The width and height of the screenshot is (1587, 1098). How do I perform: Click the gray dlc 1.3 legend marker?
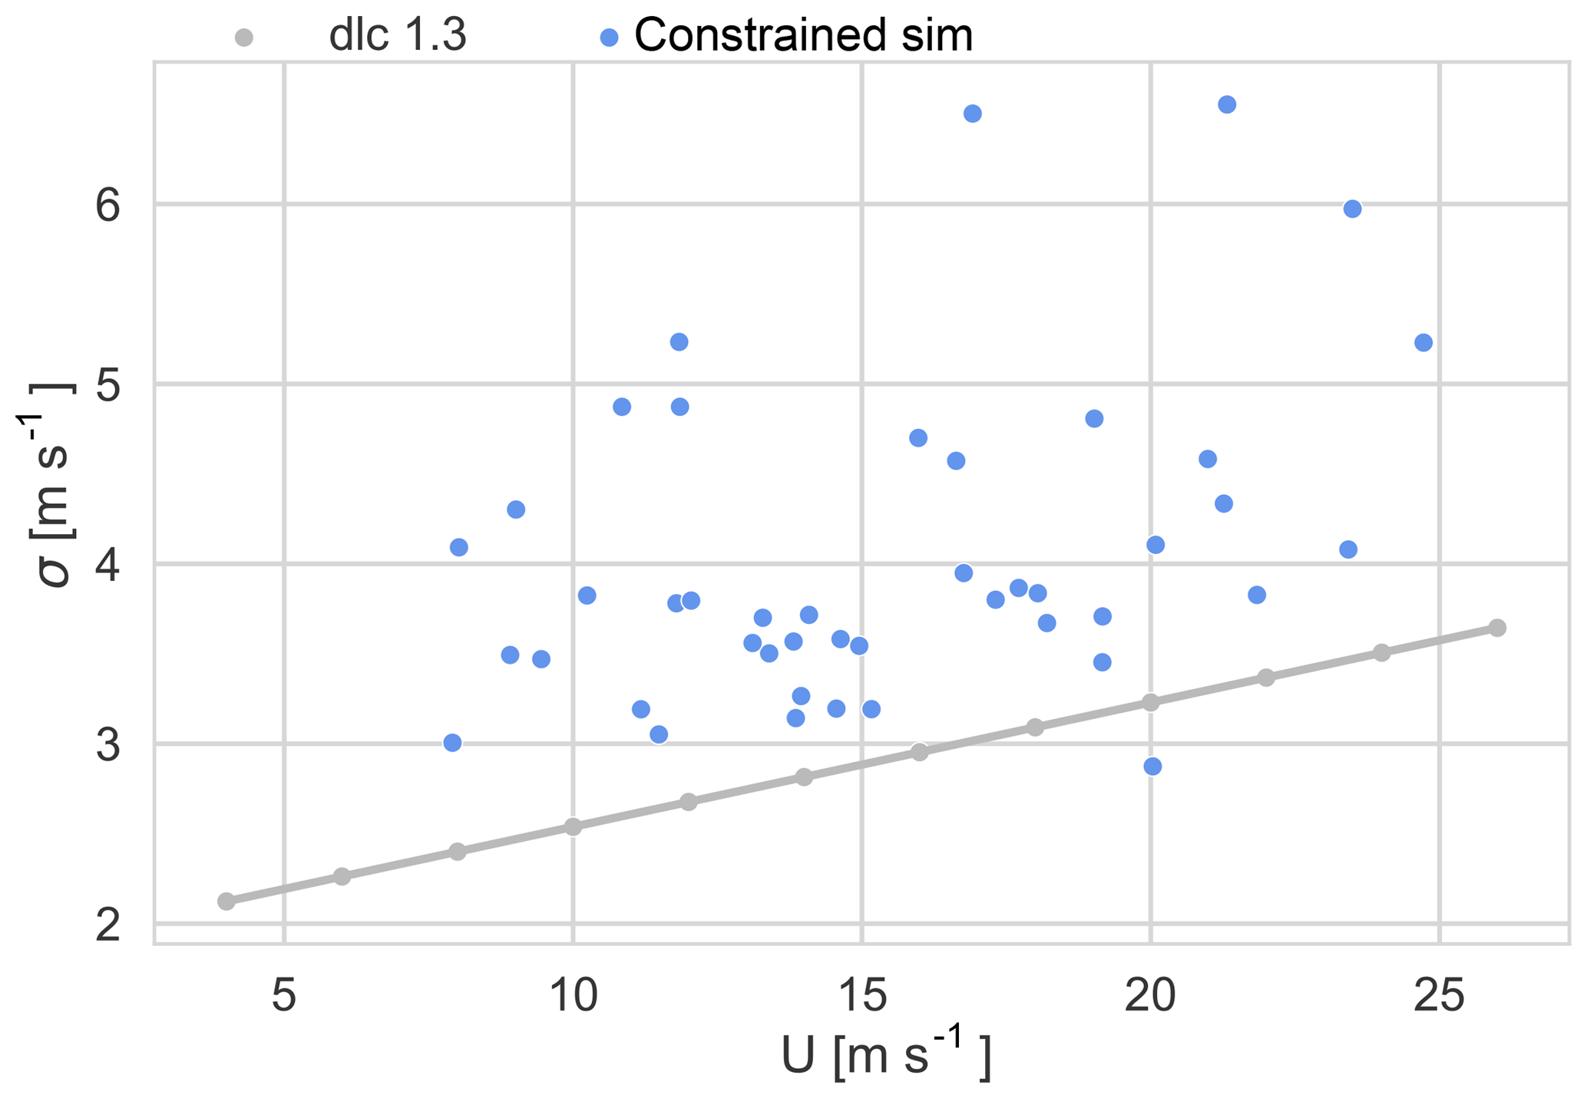tap(244, 37)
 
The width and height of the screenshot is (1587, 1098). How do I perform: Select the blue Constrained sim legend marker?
tap(609, 37)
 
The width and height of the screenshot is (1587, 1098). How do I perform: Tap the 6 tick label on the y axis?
tap(108, 206)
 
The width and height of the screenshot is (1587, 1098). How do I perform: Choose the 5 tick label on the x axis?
tap(284, 996)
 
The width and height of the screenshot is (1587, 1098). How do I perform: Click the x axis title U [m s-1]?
tap(884, 1059)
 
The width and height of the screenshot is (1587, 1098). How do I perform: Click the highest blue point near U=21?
tap(1227, 104)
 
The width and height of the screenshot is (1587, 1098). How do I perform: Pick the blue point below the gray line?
tap(1152, 767)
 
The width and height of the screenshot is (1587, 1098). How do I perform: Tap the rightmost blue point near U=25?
tap(1423, 342)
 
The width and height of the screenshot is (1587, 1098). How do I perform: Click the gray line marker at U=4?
tap(226, 901)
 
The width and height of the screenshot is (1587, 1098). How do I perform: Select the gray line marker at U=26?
tap(1497, 628)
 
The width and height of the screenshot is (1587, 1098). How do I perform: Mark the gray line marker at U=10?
tap(573, 826)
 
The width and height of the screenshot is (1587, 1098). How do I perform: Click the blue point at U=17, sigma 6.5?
tap(973, 114)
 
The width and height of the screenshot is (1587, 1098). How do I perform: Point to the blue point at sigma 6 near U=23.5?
tap(1353, 209)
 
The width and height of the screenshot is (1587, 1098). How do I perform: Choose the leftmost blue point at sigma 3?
tap(452, 743)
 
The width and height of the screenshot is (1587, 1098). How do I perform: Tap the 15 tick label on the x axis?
tap(861, 996)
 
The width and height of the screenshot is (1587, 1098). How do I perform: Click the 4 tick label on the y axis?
tap(108, 565)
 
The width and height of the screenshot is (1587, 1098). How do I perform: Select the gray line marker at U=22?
tap(1266, 678)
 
